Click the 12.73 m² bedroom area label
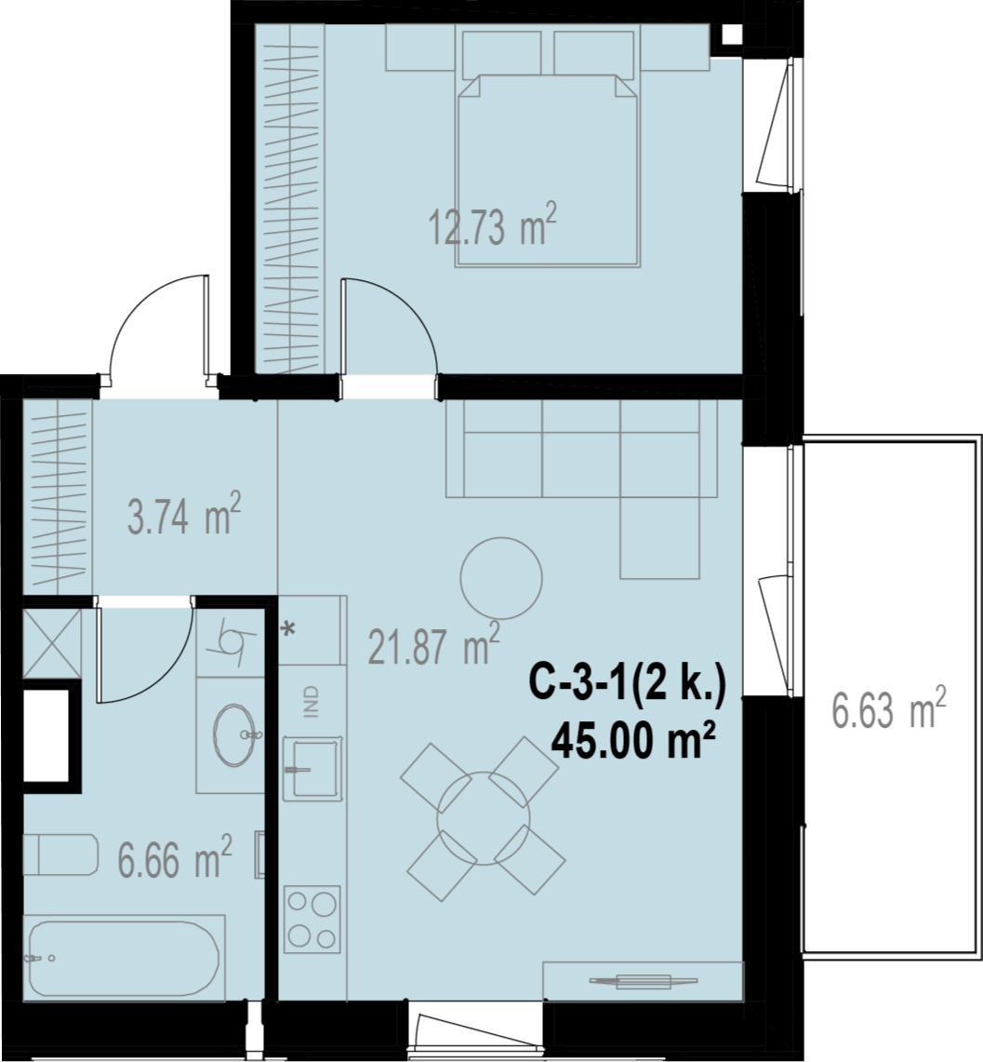tap(493, 226)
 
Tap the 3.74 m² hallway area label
tap(184, 514)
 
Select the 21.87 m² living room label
tap(433, 643)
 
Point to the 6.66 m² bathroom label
tap(175, 857)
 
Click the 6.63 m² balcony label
tap(888, 707)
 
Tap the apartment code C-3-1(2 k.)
tap(627, 683)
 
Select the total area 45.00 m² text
tap(634, 740)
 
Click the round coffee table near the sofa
tap(500, 578)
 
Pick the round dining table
tap(484, 818)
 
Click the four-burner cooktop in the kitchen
tap(312, 919)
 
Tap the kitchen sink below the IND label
tap(312, 769)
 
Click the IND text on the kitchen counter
tap(312, 701)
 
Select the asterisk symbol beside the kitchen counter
tap(289, 629)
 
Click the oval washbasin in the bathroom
tap(234, 735)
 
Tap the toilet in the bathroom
tap(60, 854)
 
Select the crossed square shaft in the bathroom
tap(51, 643)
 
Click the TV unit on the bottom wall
tap(643, 980)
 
